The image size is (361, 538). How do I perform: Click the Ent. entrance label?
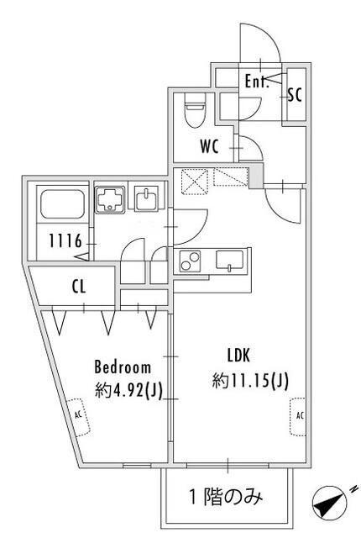(256, 82)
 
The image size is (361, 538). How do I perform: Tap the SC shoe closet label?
(294, 94)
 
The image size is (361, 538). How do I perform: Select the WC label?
(209, 145)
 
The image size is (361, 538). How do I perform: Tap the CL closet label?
(78, 287)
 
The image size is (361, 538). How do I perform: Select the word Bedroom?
(123, 367)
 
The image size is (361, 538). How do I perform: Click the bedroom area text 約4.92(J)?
(128, 389)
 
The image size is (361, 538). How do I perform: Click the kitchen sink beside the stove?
(228, 260)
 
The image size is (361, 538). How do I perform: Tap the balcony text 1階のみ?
(228, 497)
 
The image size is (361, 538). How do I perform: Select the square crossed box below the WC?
(194, 178)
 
